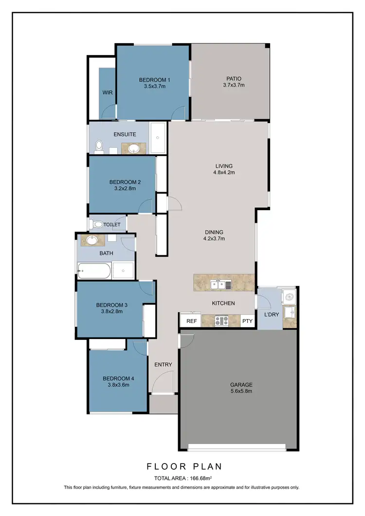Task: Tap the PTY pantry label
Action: (247, 321)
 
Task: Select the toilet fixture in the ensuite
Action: (99, 145)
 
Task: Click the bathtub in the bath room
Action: (94, 270)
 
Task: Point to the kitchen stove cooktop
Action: (222, 321)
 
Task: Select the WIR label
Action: (108, 92)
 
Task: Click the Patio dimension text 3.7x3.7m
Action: (234, 85)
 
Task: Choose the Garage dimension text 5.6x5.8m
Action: (241, 391)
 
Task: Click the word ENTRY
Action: (163, 364)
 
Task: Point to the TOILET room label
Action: (111, 225)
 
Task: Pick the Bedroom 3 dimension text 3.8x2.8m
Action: (112, 312)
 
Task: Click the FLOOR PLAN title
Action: (184, 466)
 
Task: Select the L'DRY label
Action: (272, 314)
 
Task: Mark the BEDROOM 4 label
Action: (118, 378)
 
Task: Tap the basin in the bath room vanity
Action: (91, 239)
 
